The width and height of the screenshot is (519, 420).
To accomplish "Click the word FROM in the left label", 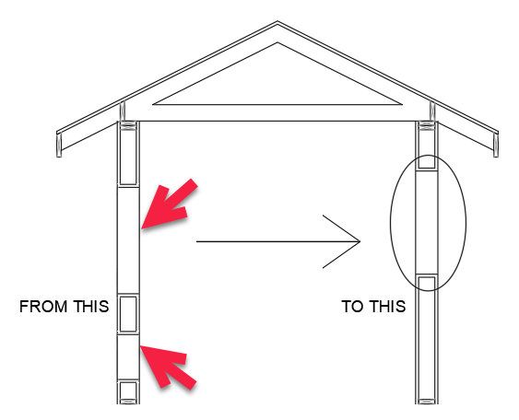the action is [x=44, y=306].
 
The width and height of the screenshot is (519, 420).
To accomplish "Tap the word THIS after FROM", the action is [x=90, y=306].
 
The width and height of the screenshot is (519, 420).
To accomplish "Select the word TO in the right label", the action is [x=352, y=306].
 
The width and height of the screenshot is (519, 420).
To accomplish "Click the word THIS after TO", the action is [x=388, y=306].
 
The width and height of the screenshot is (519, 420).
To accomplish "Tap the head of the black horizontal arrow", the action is [x=360, y=241].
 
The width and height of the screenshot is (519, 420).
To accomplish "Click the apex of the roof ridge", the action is [x=277, y=22].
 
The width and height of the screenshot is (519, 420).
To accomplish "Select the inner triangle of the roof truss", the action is [x=277, y=104].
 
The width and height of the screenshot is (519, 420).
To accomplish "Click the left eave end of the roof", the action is [x=59, y=145].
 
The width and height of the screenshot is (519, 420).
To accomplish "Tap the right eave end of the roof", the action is [x=496, y=145].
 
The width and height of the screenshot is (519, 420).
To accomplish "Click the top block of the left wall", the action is [x=128, y=153].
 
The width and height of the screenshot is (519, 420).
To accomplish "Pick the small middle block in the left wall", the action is [x=128, y=314].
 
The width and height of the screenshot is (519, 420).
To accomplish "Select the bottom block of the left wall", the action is [x=128, y=392].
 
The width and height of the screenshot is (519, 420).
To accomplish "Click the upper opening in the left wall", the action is [x=128, y=240].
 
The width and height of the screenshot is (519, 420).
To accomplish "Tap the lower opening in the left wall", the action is [x=128, y=357].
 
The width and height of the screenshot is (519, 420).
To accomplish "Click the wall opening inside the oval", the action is [x=427, y=222].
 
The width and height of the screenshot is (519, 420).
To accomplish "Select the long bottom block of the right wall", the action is [x=427, y=340].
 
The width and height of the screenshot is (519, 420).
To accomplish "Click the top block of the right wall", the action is [x=427, y=146].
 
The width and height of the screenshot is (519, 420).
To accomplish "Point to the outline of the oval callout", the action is [x=391, y=223].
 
